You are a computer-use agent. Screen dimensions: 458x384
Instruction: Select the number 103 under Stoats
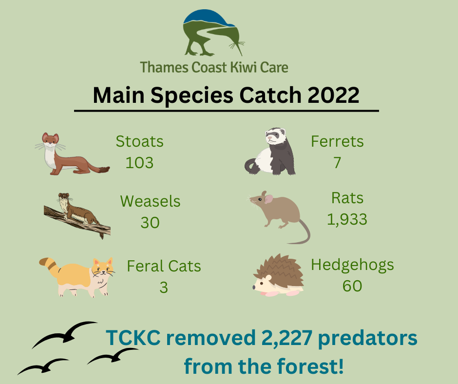(139, 163)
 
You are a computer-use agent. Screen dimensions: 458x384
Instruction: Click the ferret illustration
(270, 151)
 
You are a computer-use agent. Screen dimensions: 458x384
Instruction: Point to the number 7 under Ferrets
(337, 162)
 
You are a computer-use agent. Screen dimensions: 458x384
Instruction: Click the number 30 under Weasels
(150, 223)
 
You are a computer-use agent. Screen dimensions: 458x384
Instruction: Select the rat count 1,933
(347, 219)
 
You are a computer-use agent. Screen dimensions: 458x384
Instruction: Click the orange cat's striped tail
(50, 266)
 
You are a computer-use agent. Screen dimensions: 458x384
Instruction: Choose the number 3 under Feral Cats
(164, 288)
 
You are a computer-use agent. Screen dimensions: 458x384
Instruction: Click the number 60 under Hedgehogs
(352, 286)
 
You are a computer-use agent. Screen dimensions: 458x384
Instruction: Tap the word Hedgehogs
(352, 266)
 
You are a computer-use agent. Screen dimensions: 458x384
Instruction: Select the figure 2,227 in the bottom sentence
(286, 338)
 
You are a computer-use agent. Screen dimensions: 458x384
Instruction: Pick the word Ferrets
(337, 141)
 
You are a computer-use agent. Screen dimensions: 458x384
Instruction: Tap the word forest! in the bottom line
(310, 366)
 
